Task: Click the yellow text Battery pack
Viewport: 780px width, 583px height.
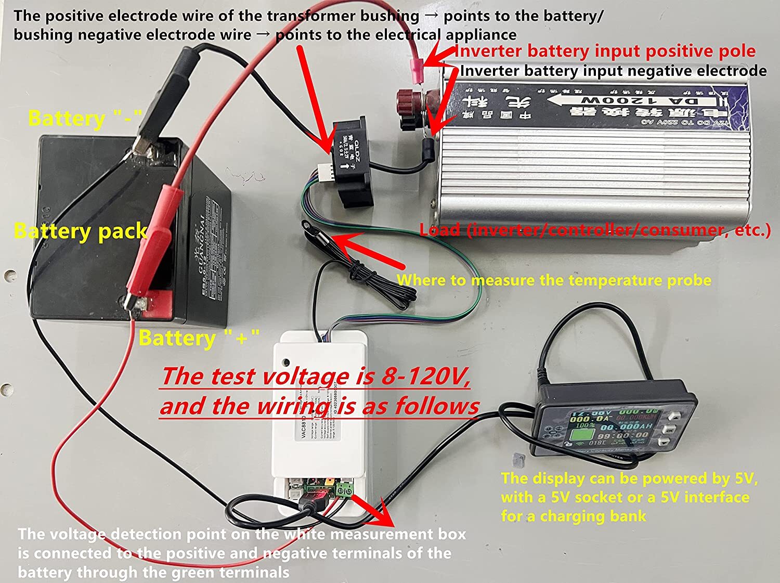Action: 81,231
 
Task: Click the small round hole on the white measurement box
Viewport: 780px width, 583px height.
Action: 286,361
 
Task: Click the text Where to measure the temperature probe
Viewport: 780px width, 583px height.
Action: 554,280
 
